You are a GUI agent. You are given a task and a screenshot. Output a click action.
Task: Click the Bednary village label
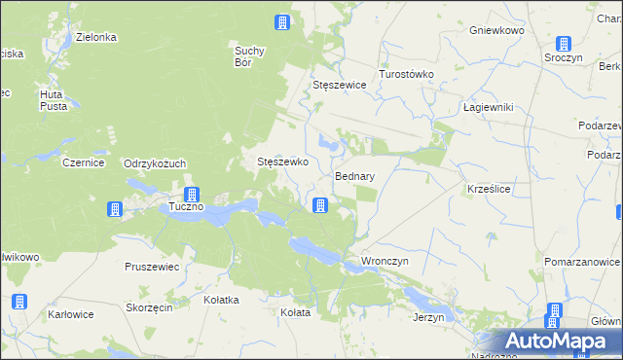coord(354,177)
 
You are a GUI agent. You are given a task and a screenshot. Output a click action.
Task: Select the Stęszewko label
coord(282,162)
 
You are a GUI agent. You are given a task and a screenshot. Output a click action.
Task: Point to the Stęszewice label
coord(339,85)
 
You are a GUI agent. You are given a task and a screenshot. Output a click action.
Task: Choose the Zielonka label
coord(96,37)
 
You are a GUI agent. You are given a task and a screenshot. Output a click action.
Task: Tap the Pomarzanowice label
coord(582,263)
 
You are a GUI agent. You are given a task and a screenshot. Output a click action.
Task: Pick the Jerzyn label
coord(428,317)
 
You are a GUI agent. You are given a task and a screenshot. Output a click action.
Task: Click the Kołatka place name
coord(221,300)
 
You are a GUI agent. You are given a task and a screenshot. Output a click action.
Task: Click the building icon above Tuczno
coord(192,195)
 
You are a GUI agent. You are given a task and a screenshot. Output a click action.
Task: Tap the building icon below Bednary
coord(319,204)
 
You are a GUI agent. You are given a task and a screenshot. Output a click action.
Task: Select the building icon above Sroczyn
coord(563,44)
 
